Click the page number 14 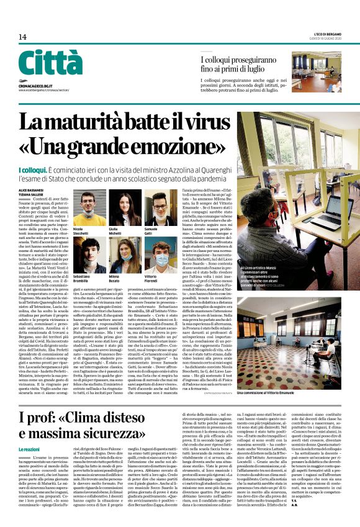(22, 37)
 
